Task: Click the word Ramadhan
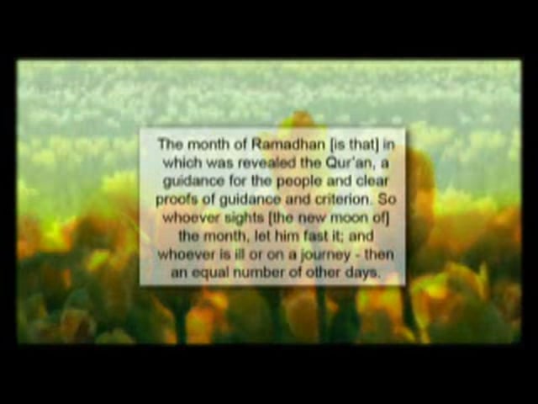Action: [x=288, y=145]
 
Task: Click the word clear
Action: [x=372, y=181]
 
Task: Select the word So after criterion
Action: [x=387, y=199]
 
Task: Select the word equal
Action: [x=210, y=274]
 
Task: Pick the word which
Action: [x=182, y=162]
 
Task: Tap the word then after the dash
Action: [x=379, y=254]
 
